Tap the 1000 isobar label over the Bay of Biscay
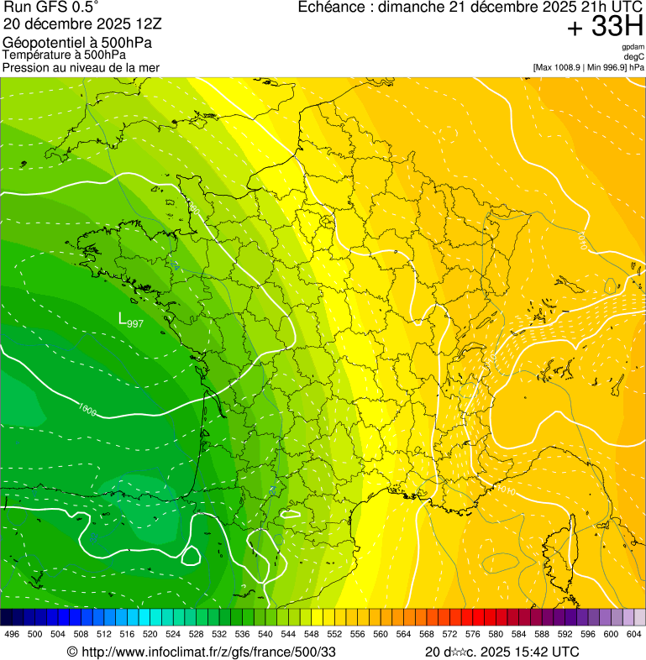point(86,410)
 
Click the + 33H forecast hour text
point(605,27)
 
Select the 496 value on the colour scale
point(12,635)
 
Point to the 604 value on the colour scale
point(634,635)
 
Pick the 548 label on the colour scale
point(312,635)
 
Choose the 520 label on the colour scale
point(150,635)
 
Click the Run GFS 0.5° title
point(50,8)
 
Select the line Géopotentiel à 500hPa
point(77,43)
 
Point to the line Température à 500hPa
point(64,55)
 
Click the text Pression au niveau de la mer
point(81,67)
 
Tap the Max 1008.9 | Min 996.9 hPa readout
point(588,67)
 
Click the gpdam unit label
point(633,47)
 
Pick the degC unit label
point(634,57)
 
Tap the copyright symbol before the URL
point(71,652)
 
